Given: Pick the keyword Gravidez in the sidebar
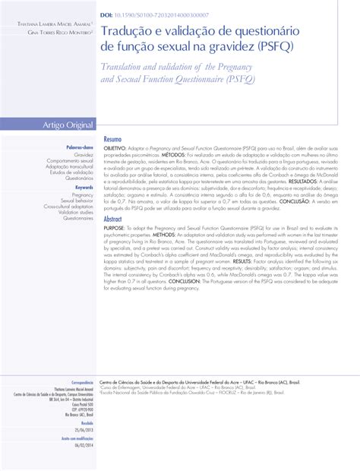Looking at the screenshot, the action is click(x=84, y=153).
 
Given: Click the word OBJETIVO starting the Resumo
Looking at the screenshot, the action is click(x=116, y=148).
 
